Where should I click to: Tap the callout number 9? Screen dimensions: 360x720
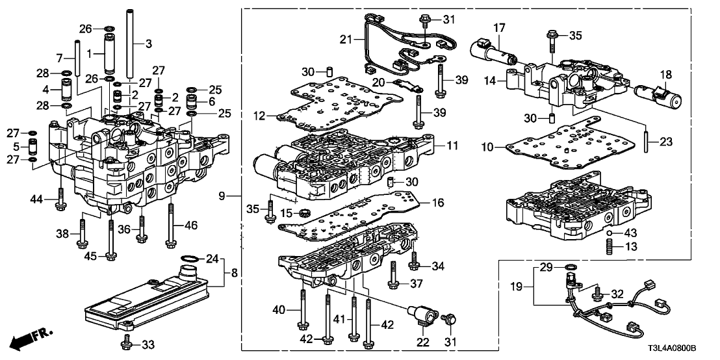click(x=222, y=195)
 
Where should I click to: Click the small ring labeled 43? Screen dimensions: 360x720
click(x=610, y=232)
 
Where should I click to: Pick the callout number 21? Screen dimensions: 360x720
click(x=346, y=40)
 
